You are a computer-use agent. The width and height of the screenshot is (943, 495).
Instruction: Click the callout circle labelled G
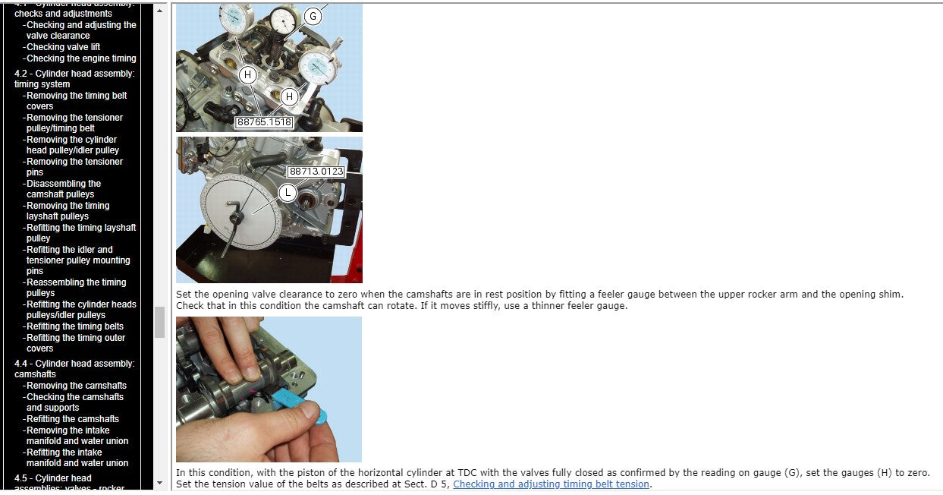coord(313,17)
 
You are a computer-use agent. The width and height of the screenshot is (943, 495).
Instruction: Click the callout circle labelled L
coord(288,193)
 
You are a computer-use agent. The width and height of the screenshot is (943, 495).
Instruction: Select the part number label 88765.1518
coord(264,122)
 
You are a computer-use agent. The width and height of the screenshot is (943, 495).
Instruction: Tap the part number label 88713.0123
coord(316,172)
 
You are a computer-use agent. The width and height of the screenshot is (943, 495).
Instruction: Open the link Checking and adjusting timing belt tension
coord(551,484)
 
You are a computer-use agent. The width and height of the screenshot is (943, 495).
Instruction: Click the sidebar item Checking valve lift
coord(63,47)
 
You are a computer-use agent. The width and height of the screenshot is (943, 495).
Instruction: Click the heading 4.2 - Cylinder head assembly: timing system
coord(74,79)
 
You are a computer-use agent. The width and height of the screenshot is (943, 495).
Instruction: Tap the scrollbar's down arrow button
coord(159,483)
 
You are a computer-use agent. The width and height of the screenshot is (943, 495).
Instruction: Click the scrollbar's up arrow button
coord(159,11)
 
